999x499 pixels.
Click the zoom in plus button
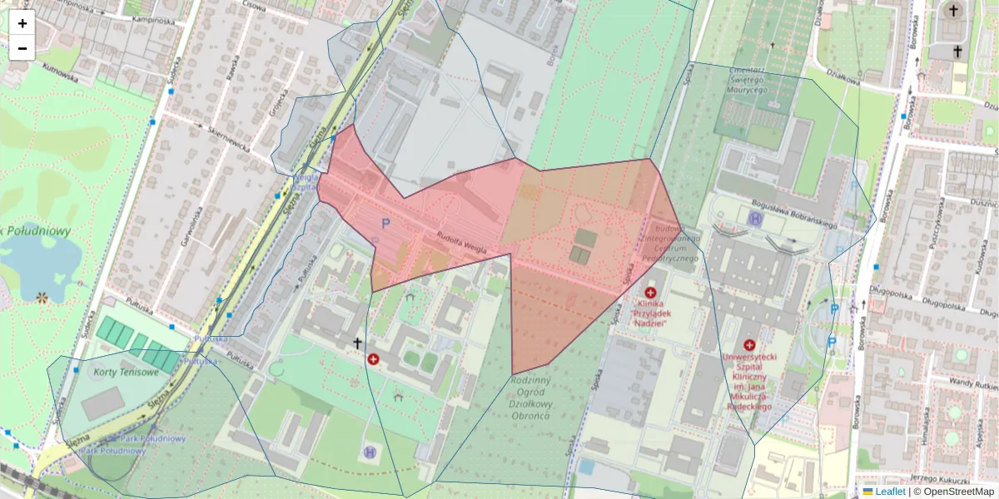[x=22, y=23]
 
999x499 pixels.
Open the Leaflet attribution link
[x=890, y=492]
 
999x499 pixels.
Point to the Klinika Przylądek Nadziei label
[x=651, y=314]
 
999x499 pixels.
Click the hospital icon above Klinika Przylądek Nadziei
[x=650, y=293]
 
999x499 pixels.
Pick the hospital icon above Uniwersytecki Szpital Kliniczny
[x=749, y=345]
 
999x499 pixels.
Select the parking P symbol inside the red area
[x=385, y=224]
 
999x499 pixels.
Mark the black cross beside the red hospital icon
[x=358, y=343]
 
